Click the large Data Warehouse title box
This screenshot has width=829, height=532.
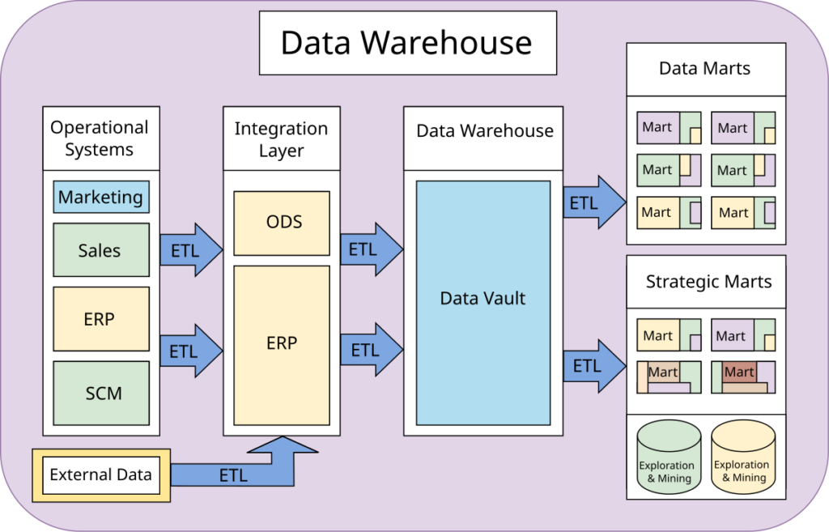tap(407, 43)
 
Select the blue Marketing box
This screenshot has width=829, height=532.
tap(101, 197)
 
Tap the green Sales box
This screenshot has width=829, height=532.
tap(101, 250)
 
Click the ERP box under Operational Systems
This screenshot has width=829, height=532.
tap(101, 319)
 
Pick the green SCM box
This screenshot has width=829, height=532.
tap(101, 394)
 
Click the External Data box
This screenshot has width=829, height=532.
tap(101, 475)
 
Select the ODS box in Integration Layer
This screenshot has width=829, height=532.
tap(282, 223)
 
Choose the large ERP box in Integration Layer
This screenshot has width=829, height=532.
tap(282, 344)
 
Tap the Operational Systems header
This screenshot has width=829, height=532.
tap(100, 138)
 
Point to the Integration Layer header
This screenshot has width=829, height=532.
tap(281, 139)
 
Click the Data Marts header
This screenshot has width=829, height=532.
tap(705, 69)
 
